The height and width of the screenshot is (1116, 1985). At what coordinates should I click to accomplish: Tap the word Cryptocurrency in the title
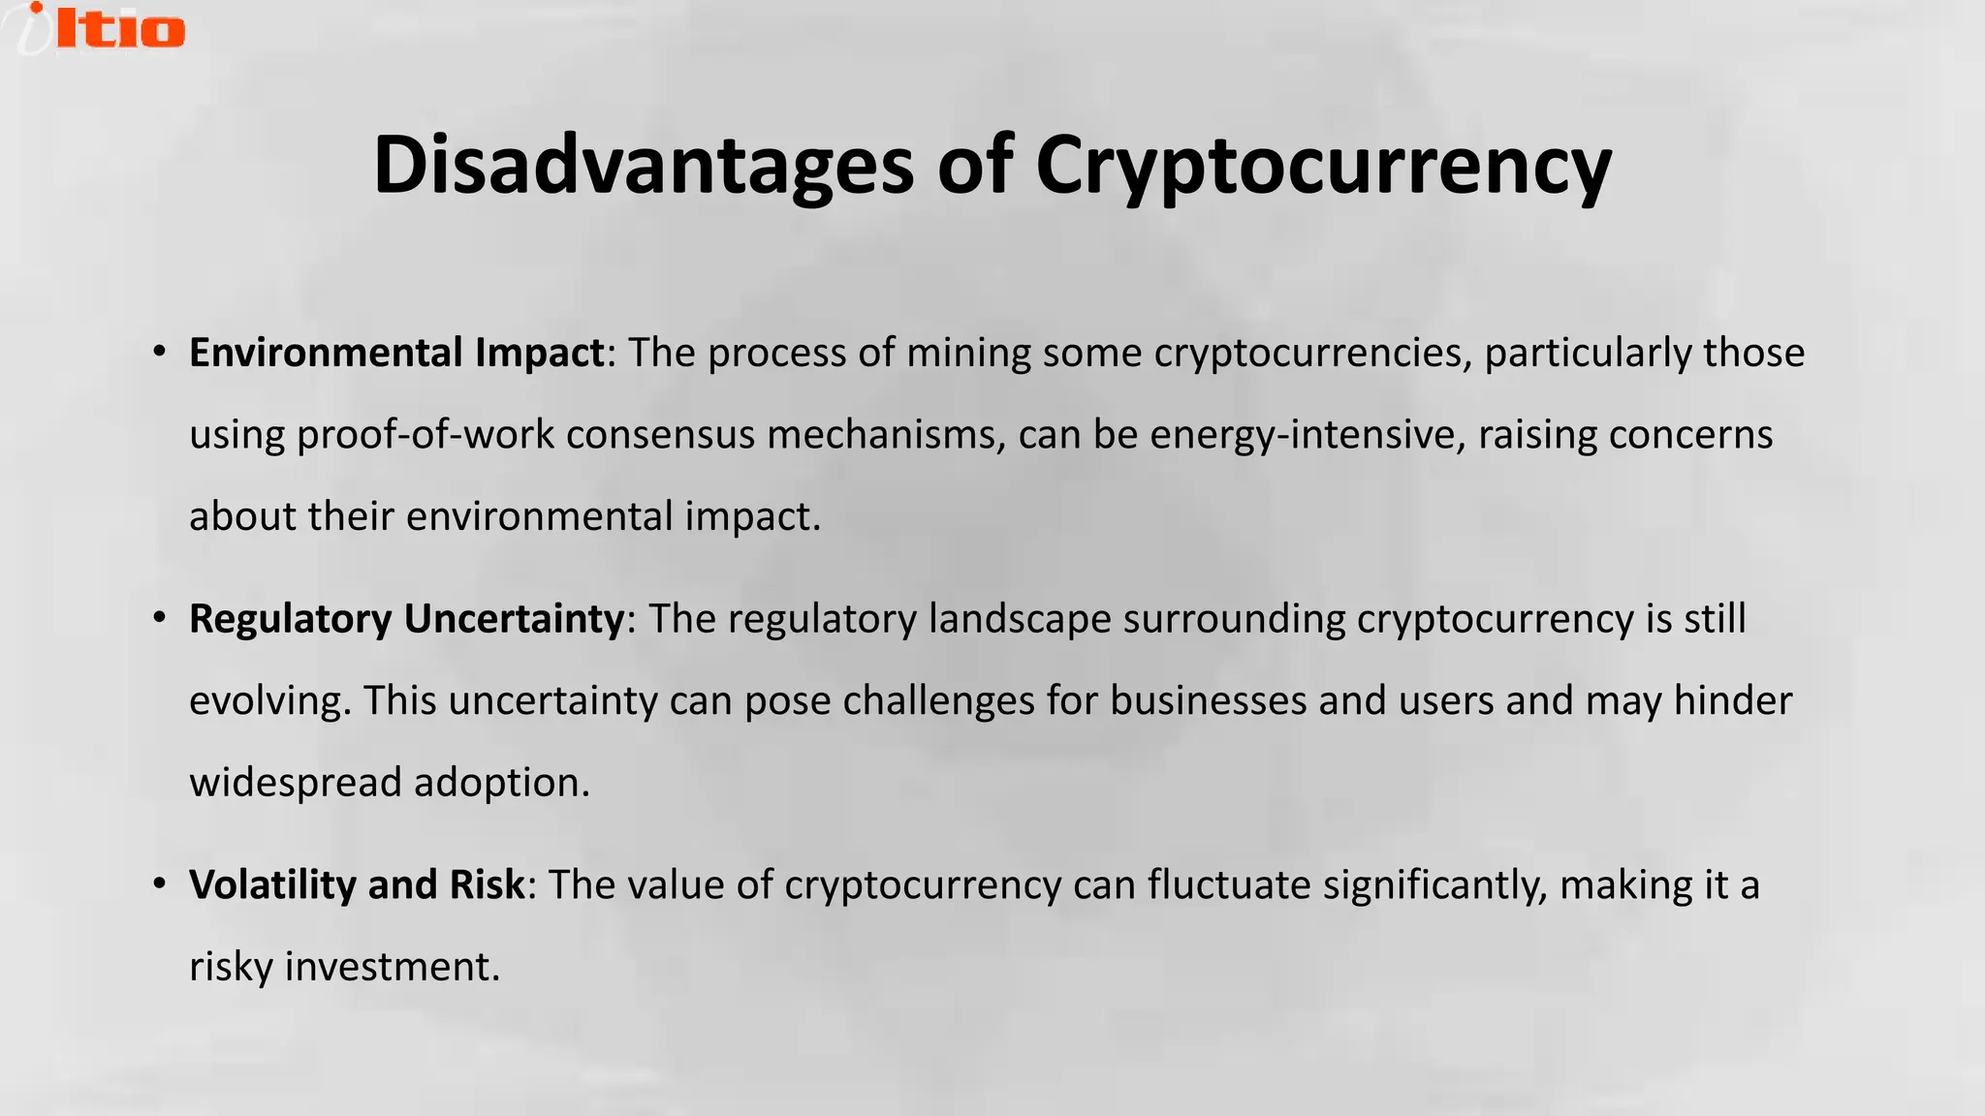point(1323,165)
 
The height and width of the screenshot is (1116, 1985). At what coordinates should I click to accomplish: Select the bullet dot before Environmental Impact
point(160,352)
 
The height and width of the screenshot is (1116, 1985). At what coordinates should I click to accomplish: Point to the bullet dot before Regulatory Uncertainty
point(160,618)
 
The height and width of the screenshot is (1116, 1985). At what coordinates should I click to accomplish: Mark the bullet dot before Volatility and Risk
point(160,884)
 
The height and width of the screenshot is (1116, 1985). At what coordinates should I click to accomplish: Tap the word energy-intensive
point(1303,435)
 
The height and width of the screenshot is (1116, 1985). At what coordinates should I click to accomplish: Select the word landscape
point(1020,619)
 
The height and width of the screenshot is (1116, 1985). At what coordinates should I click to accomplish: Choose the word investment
point(392,967)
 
